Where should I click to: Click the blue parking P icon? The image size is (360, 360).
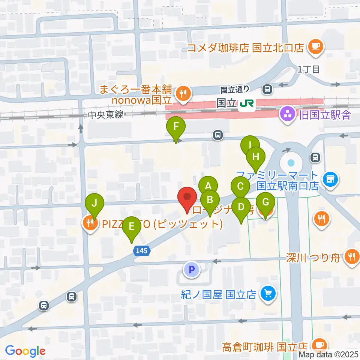[x=192, y=269]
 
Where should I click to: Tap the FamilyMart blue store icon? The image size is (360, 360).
[x=330, y=179]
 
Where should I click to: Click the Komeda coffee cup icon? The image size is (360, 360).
[x=315, y=48]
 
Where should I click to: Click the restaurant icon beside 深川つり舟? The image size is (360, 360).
[x=351, y=257]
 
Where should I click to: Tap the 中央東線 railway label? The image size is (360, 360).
[x=106, y=115]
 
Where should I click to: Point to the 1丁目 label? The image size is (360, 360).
[x=309, y=69]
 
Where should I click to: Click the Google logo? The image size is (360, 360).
[x=25, y=351]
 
